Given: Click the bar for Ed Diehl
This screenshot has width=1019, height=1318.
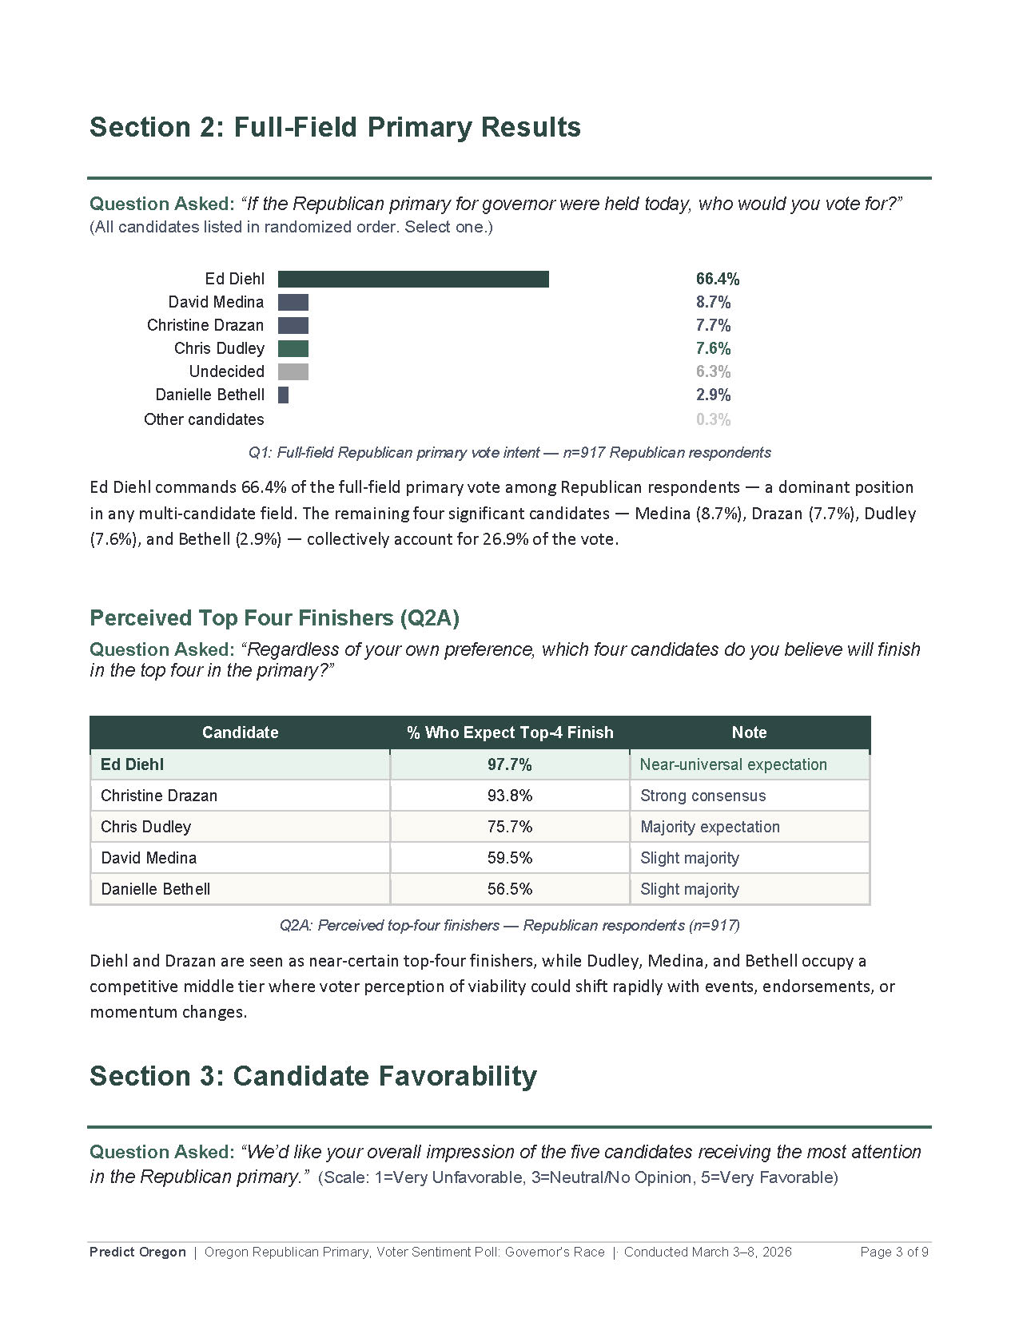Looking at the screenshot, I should click(x=413, y=279).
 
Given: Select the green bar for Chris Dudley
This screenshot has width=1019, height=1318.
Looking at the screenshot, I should click(x=293, y=348).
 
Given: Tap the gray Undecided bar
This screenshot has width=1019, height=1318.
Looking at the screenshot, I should click(x=293, y=371).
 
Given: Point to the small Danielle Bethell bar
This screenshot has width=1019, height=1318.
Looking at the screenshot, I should click(x=283, y=395).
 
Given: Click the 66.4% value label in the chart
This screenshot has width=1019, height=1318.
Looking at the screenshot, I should click(x=717, y=279).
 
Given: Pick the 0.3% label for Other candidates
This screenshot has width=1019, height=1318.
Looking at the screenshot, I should click(x=713, y=419).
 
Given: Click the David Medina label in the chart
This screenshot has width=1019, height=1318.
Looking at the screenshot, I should click(x=216, y=302).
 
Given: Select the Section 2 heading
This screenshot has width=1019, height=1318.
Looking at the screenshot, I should click(x=335, y=127).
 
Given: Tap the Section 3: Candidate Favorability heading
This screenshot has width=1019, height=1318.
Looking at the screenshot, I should click(x=312, y=1076).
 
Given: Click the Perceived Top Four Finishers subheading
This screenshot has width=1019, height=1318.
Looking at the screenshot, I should click(x=274, y=618).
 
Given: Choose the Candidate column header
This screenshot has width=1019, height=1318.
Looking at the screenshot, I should click(x=240, y=732).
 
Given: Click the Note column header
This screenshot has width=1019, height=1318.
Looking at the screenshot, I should click(x=749, y=732).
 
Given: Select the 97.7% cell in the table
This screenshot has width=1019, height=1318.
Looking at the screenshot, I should click(x=509, y=764).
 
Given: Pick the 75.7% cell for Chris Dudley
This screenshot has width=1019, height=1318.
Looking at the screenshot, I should click(x=509, y=827).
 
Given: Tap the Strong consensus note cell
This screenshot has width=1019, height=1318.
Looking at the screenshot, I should click(x=703, y=796).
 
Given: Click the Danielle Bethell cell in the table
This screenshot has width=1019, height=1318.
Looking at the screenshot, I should click(x=156, y=889).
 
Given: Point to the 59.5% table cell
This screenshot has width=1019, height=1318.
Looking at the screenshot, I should click(x=509, y=858).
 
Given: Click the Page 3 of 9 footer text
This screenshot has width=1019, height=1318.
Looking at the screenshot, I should click(x=894, y=1252).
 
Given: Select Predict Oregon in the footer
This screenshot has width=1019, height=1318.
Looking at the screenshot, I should click(x=137, y=1252).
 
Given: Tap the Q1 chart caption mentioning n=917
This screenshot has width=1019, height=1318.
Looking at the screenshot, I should click(x=509, y=453).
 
